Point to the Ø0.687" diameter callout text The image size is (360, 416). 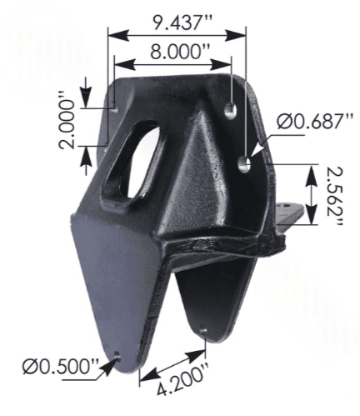click(311, 122)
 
